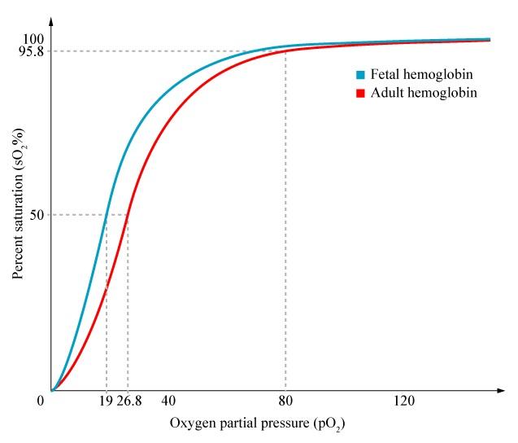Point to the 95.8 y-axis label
31,51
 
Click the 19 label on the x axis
106,401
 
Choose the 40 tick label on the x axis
168,401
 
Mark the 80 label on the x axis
285,401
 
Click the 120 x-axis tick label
404,401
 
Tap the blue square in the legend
360,75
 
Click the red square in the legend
360,94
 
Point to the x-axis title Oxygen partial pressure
263,424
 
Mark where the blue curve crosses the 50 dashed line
107,215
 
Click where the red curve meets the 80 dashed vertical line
285,51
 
